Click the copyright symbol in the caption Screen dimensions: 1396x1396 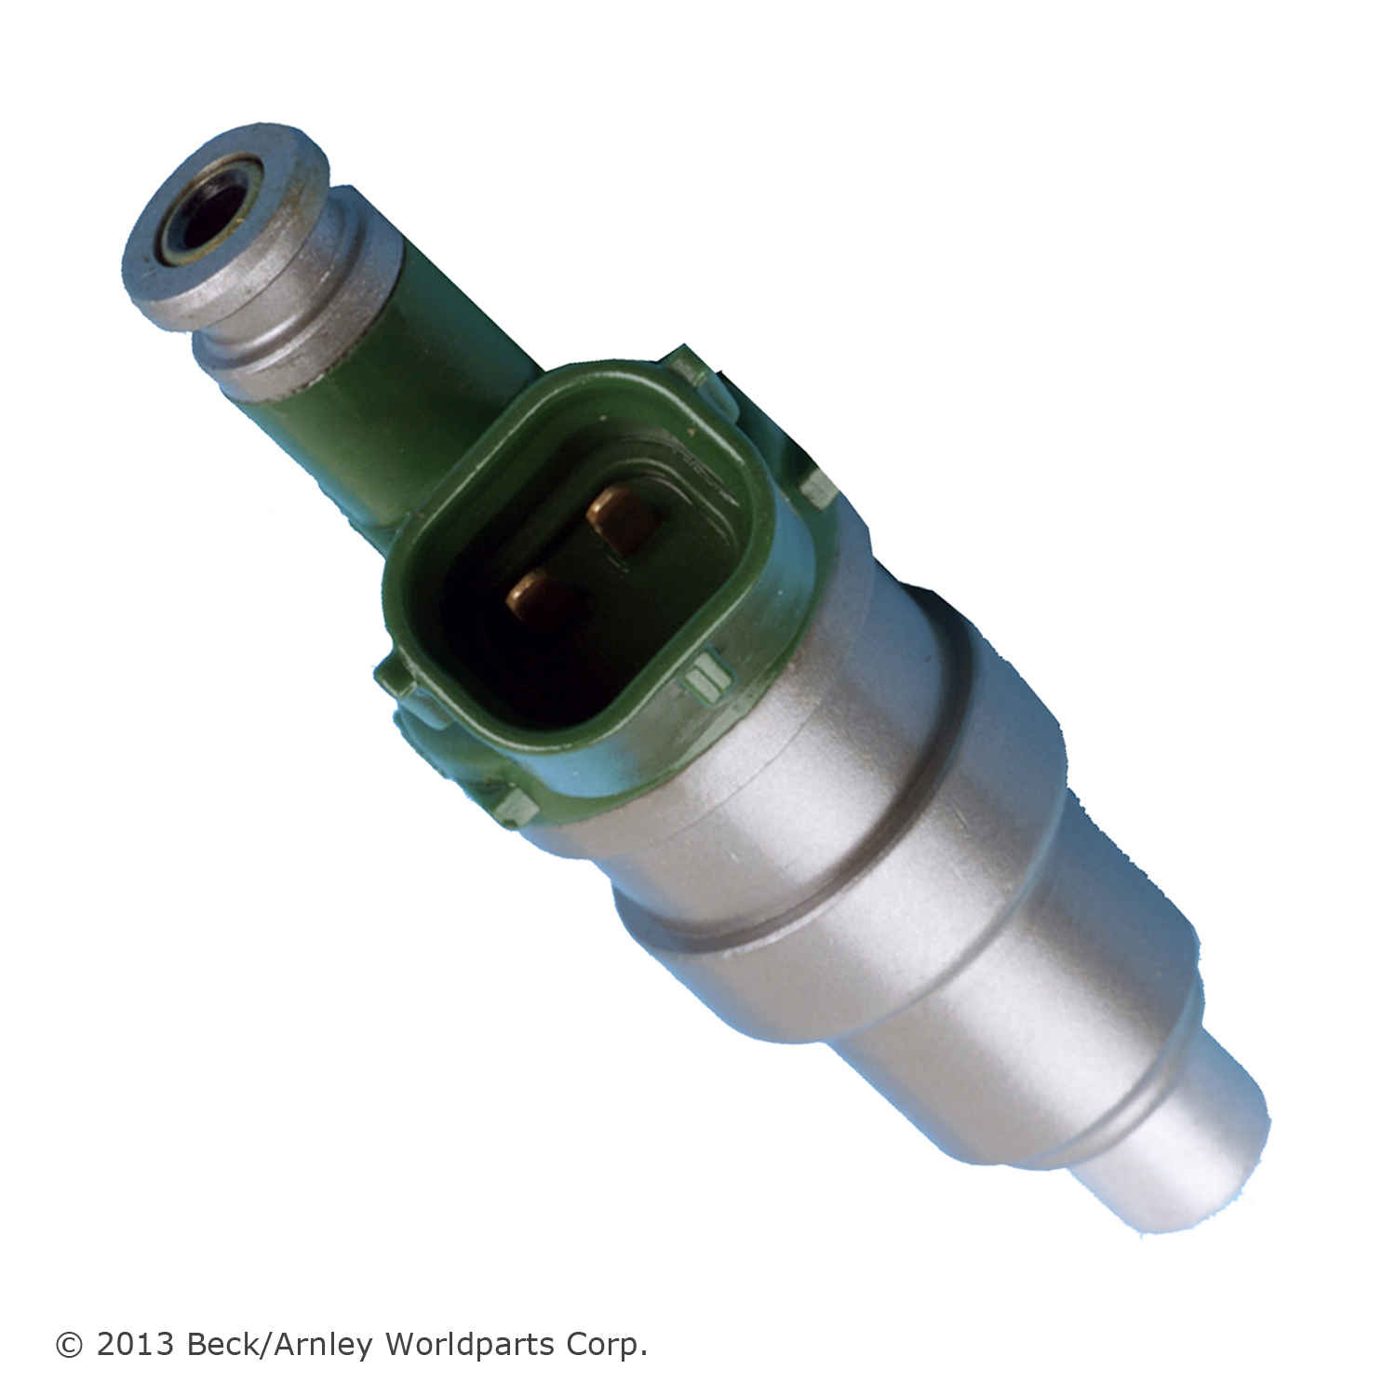69,1345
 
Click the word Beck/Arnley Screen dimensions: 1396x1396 280,1345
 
